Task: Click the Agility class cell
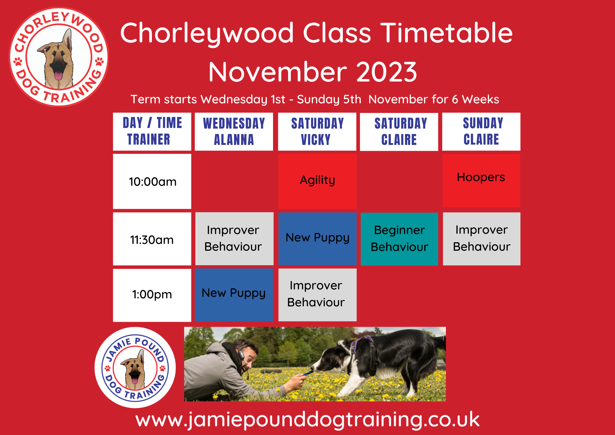point(317,181)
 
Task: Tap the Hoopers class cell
point(481,180)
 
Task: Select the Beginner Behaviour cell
point(399,239)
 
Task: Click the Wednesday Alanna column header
point(234,132)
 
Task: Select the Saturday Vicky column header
point(317,132)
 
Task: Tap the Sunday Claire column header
point(481,132)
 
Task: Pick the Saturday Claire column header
point(399,132)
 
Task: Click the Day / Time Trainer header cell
point(152,132)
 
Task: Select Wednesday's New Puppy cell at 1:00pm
point(234,295)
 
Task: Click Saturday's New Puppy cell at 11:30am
point(317,239)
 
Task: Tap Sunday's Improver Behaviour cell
point(482,239)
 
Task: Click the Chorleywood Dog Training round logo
point(59,57)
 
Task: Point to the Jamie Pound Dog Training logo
point(135,368)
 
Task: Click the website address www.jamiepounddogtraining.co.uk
point(307,420)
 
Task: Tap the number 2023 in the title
point(387,72)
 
